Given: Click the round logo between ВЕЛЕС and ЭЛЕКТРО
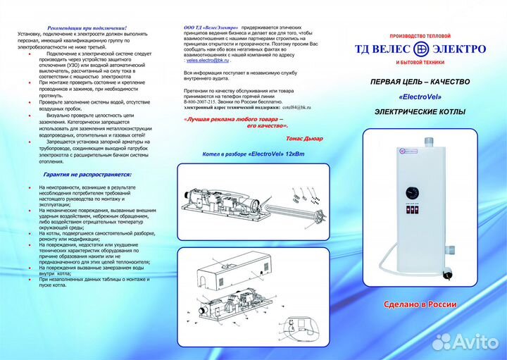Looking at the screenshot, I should pyautogui.click(x=420, y=49).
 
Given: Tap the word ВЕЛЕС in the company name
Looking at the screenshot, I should pyautogui.click(x=389, y=49).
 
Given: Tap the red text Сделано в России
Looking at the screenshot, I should pyautogui.click(x=420, y=304).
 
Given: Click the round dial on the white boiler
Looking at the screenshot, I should pyautogui.click(x=411, y=192).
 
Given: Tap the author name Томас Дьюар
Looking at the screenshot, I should pyautogui.click(x=304, y=138).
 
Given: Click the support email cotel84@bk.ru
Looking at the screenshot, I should pyautogui.click(x=294, y=107).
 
